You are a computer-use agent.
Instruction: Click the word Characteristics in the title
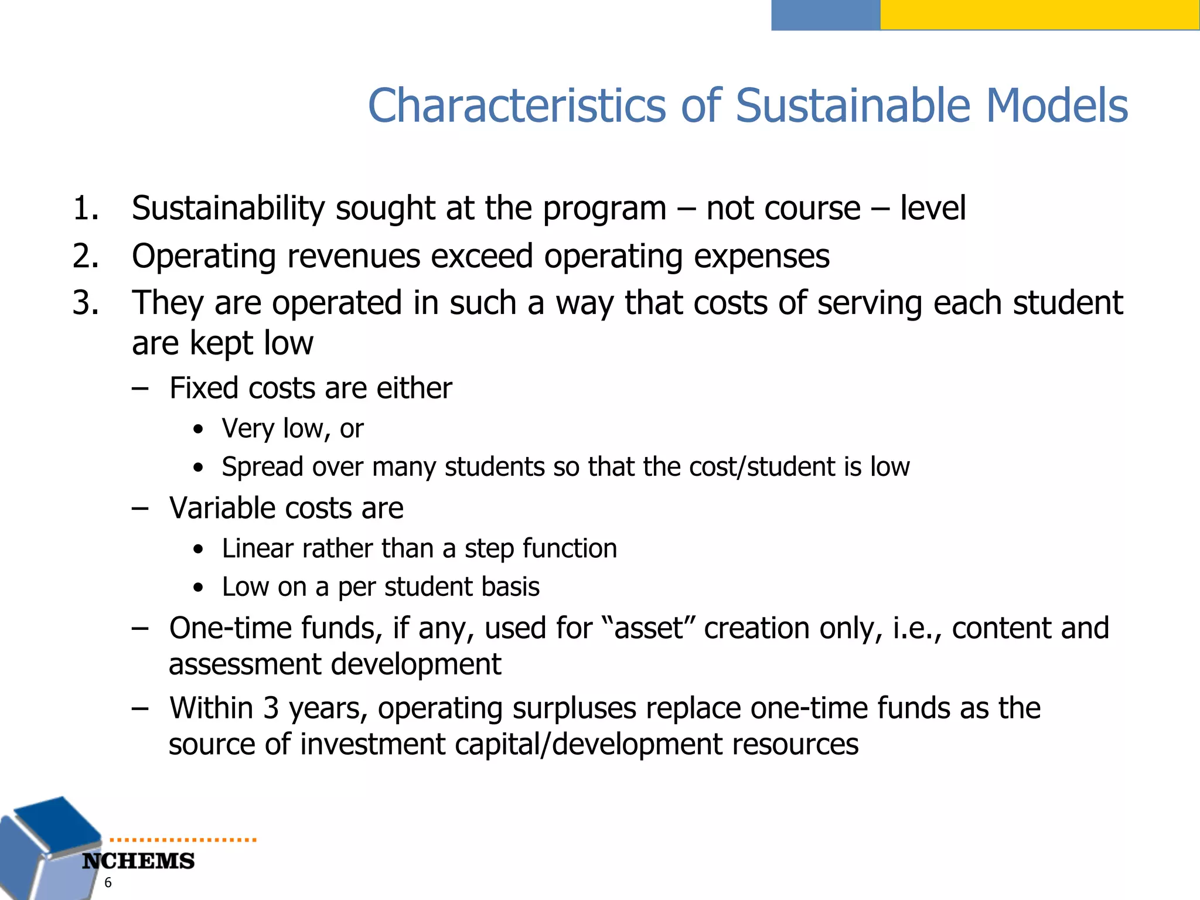(x=517, y=106)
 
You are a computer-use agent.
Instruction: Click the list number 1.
(x=86, y=209)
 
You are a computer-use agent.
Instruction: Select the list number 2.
(x=86, y=257)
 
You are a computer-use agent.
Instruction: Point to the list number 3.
(x=86, y=304)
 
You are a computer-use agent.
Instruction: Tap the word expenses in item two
(x=761, y=257)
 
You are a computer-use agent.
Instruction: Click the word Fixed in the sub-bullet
(x=204, y=388)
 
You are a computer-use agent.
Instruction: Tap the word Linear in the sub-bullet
(x=258, y=549)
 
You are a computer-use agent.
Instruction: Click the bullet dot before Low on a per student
(x=199, y=588)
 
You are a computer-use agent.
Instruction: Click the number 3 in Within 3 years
(x=271, y=708)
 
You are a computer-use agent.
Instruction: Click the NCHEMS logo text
(x=138, y=861)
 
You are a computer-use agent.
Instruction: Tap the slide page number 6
(x=108, y=883)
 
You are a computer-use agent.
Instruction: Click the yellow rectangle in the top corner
(x=1039, y=15)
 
